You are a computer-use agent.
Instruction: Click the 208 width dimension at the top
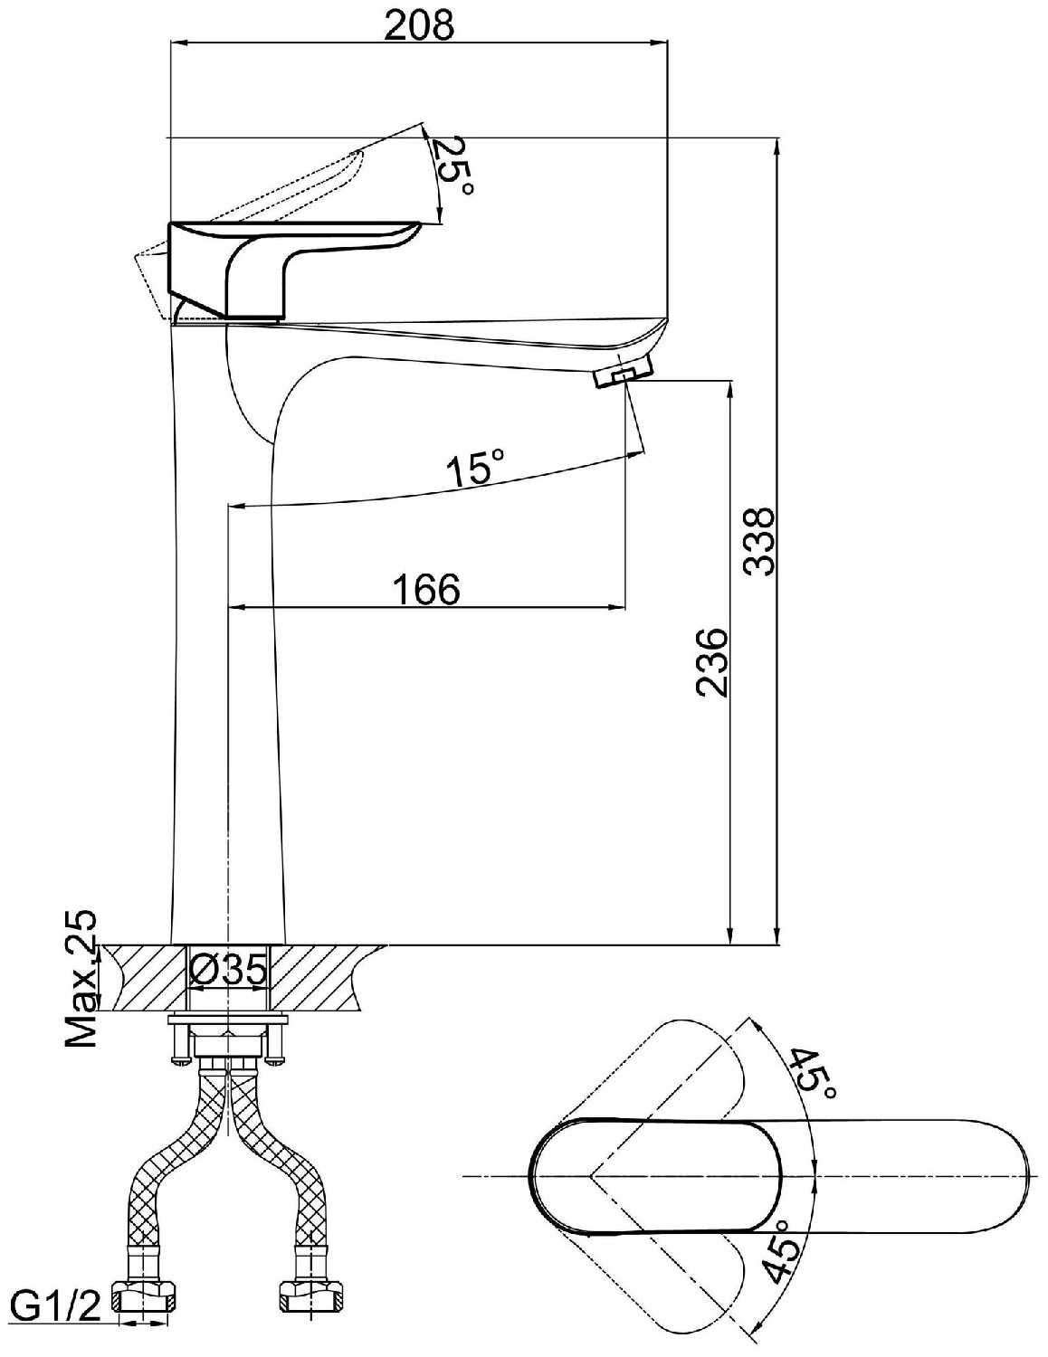[x=418, y=24]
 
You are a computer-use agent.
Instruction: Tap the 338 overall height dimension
[x=758, y=541]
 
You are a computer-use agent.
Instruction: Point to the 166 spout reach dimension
[x=426, y=589]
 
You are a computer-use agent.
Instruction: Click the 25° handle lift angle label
[x=453, y=166]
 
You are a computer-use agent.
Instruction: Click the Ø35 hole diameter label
[x=229, y=972]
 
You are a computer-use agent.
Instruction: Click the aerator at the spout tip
[x=624, y=374]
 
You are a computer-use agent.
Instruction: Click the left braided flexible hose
[x=172, y=1167]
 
